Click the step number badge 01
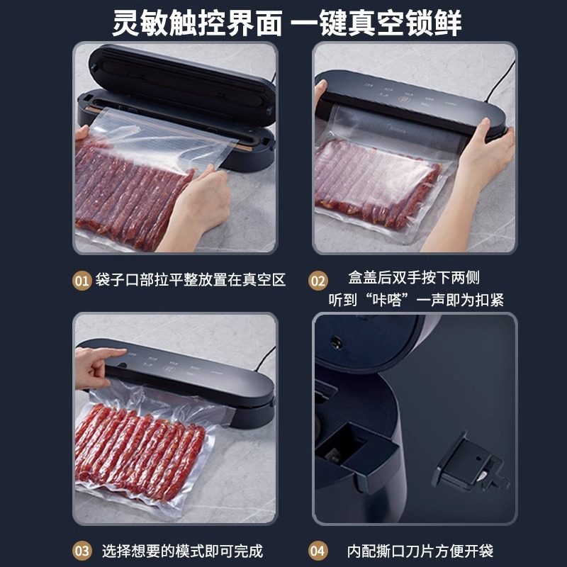coord(83,280)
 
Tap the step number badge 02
coord(318,280)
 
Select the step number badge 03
coord(83,550)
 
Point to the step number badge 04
coord(318,550)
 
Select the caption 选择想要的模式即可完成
coord(182,550)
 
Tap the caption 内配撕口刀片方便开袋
coord(420,550)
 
